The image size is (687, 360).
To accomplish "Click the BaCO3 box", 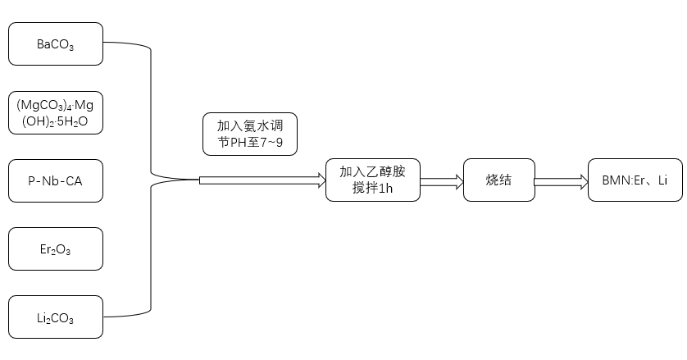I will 56,44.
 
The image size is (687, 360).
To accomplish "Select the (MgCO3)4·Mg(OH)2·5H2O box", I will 56,112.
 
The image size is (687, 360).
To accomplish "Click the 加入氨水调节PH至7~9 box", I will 250,134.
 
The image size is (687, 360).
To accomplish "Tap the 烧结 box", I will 498,180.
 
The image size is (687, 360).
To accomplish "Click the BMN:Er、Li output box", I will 635,180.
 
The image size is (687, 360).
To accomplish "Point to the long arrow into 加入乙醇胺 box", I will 262,180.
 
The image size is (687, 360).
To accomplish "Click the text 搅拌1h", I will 373,190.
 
